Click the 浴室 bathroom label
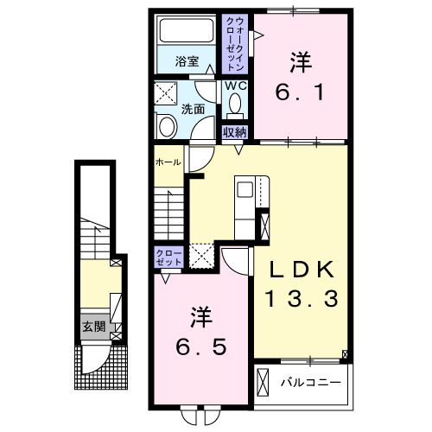pos(187,61)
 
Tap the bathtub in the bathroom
pos(187,30)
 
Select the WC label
pos(236,86)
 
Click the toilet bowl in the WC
pos(235,103)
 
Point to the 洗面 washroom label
pos(193,109)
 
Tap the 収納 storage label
pos(235,132)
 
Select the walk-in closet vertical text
pos(236,44)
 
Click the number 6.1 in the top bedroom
pos(300,92)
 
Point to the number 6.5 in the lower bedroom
pos(200,347)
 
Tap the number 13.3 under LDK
pos(302,299)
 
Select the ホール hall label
pos(168,162)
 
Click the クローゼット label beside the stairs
pos(168,257)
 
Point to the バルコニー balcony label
pos(311,383)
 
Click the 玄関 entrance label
pos(94,327)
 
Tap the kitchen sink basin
pos(245,190)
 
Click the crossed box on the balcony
pos(263,382)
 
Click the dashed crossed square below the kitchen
pos(202,256)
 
